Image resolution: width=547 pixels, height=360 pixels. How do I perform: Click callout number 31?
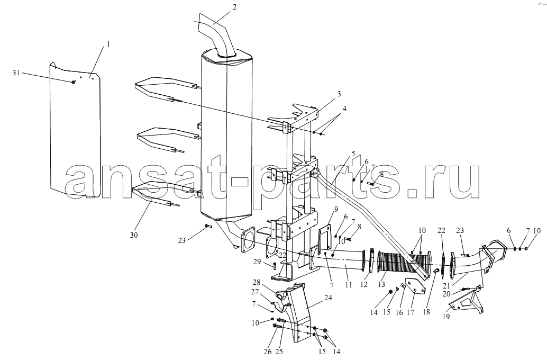tap(16, 73)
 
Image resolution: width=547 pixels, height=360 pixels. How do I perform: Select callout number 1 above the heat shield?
tap(108, 44)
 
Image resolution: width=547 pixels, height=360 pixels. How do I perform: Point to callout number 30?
tap(134, 235)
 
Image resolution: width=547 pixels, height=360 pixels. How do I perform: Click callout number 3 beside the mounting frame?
tap(339, 94)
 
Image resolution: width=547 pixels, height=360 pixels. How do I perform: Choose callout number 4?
tap(344, 109)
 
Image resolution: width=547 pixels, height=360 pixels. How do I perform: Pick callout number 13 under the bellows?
tap(381, 285)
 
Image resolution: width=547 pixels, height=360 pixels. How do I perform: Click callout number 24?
tap(328, 298)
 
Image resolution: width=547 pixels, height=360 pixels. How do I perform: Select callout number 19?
tap(446, 317)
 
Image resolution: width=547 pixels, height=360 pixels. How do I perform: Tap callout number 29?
tap(257, 262)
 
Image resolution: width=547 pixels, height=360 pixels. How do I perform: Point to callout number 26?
tap(267, 352)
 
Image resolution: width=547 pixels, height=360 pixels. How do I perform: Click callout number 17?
tap(411, 312)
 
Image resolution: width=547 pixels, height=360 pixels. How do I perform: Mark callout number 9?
tap(336, 209)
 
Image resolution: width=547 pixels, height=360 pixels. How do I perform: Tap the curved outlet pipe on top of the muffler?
tap(217, 34)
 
